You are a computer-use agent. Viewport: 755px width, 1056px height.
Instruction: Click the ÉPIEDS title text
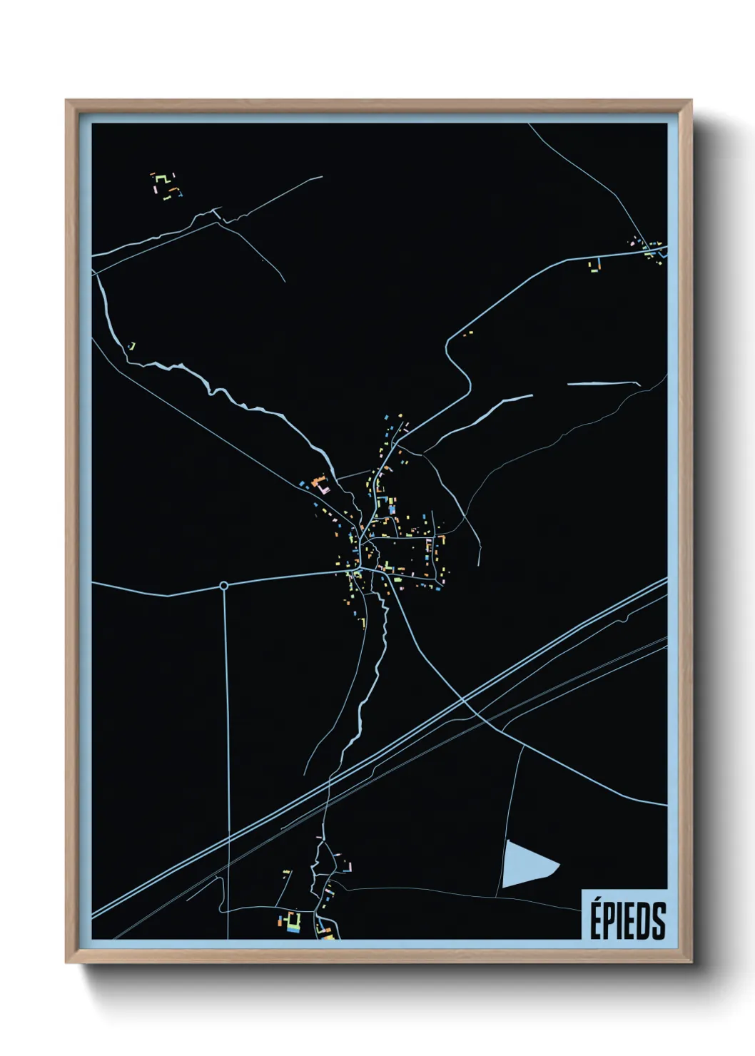point(627,920)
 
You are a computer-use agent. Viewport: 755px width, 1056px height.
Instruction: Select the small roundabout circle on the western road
point(224,586)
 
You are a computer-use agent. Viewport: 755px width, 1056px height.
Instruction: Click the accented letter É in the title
point(596,920)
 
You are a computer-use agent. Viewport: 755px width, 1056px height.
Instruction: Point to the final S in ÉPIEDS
point(659,921)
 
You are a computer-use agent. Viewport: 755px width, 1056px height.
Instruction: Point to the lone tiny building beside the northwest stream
point(132,347)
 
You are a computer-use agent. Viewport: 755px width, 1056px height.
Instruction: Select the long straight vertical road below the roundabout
point(228,749)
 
